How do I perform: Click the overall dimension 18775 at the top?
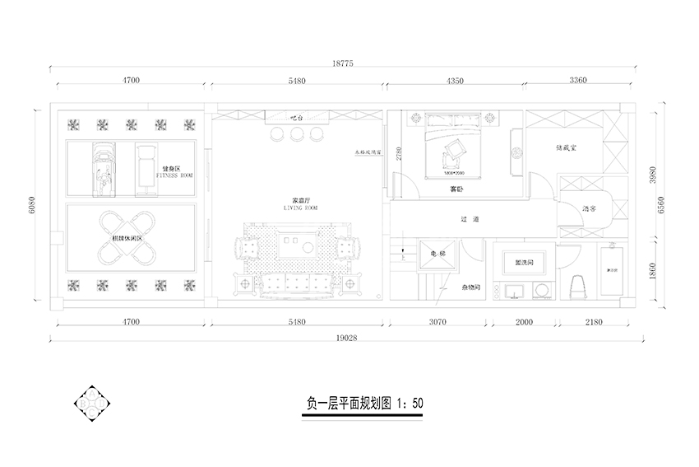tap(343, 63)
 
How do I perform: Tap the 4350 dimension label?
tap(456, 81)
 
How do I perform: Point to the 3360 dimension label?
tap(577, 81)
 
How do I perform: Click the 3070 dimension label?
tap(436, 322)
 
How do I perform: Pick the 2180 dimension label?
tap(596, 322)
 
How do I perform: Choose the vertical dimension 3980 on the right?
tap(652, 175)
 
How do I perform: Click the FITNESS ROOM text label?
tap(174, 175)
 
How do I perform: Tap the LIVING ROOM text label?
tap(300, 208)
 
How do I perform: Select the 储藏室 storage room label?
tap(567, 148)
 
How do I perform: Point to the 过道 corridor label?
tap(470, 219)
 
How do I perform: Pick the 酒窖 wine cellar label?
tap(589, 209)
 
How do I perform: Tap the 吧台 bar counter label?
tap(297, 118)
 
